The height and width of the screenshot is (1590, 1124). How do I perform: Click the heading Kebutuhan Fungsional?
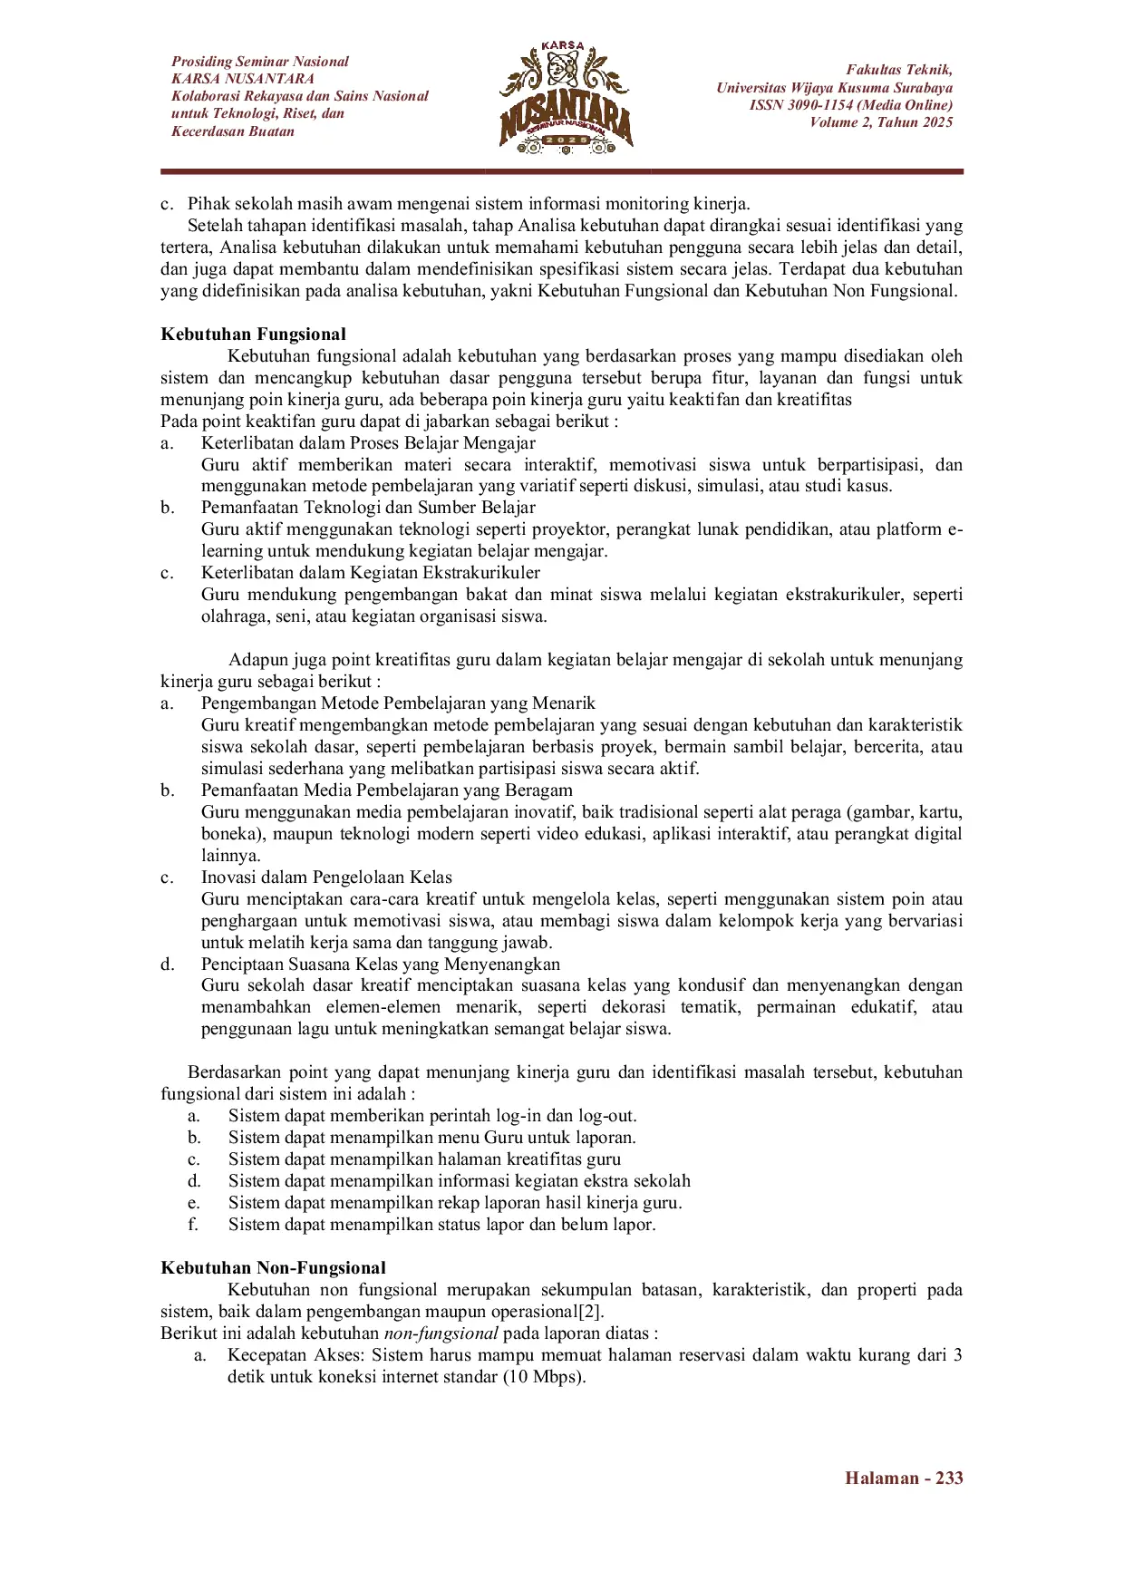(253, 334)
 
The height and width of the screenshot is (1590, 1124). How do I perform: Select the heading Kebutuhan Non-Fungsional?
(273, 1268)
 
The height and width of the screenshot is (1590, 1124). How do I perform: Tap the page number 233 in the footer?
(949, 1479)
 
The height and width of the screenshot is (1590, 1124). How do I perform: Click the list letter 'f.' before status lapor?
(193, 1225)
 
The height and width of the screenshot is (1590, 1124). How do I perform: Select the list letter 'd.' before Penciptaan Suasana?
(168, 965)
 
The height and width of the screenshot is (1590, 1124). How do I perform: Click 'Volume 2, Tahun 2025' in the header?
(881, 122)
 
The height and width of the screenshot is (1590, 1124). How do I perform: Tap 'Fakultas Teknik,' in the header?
(899, 70)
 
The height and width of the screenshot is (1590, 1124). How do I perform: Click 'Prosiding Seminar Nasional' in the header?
(260, 62)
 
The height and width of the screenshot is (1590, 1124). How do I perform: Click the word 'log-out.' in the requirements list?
(607, 1116)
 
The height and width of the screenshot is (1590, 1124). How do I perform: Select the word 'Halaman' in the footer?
(882, 1479)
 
